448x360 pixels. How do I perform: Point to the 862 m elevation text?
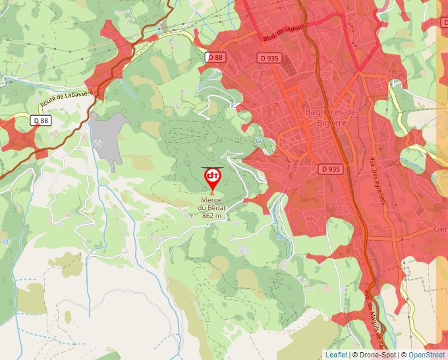pyautogui.click(x=212, y=216)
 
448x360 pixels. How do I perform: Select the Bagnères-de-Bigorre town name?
pyautogui.click(x=331, y=116)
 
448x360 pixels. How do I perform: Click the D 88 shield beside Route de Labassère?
pyautogui.click(x=41, y=120)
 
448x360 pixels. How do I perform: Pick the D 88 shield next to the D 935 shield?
pyautogui.click(x=215, y=57)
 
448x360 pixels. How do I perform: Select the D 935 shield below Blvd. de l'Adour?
pyautogui.click(x=270, y=57)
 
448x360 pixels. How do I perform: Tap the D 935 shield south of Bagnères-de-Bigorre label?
pyautogui.click(x=331, y=168)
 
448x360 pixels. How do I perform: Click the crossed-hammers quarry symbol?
pyautogui.click(x=98, y=143)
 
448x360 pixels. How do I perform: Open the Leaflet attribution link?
pyautogui.click(x=336, y=355)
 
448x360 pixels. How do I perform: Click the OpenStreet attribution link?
pyautogui.click(x=426, y=355)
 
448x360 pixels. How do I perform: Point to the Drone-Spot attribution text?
pyautogui.click(x=378, y=355)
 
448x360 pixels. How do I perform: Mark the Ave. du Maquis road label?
pyautogui.click(x=373, y=316)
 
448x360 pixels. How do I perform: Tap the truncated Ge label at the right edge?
pyautogui.click(x=440, y=229)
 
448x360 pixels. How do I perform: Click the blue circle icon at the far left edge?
pyautogui.click(x=5, y=242)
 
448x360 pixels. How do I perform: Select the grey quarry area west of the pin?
pyautogui.click(x=109, y=132)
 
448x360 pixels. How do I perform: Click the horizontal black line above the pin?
pyautogui.click(x=212, y=168)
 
